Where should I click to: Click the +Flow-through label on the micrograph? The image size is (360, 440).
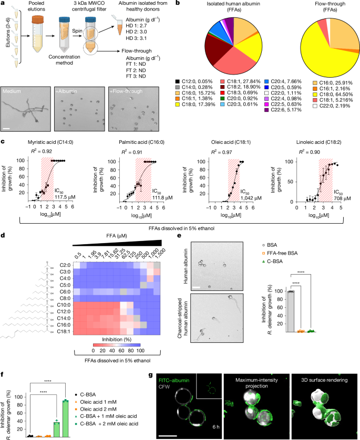point(127,91)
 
